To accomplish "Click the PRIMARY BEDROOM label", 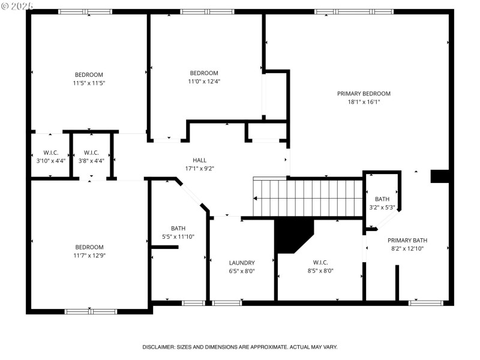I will point(364,94).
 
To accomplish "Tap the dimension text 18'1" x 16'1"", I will point(364,102).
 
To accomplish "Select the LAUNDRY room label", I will point(242,263).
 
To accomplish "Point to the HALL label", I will point(200,160).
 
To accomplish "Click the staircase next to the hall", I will point(309,198).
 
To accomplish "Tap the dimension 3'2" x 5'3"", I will point(382,208).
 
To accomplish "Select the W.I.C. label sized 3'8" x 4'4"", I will point(91,152).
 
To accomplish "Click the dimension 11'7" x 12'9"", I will point(89,256).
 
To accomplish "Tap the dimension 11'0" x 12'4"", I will point(204,82).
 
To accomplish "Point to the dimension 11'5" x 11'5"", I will point(89,83).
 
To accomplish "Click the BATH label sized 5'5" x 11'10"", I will point(178,228).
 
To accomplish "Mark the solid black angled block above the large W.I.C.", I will point(292,235).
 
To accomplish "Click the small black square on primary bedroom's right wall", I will point(440,176).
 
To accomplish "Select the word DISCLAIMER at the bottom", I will point(158,347).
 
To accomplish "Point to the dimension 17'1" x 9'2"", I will point(200,169).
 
